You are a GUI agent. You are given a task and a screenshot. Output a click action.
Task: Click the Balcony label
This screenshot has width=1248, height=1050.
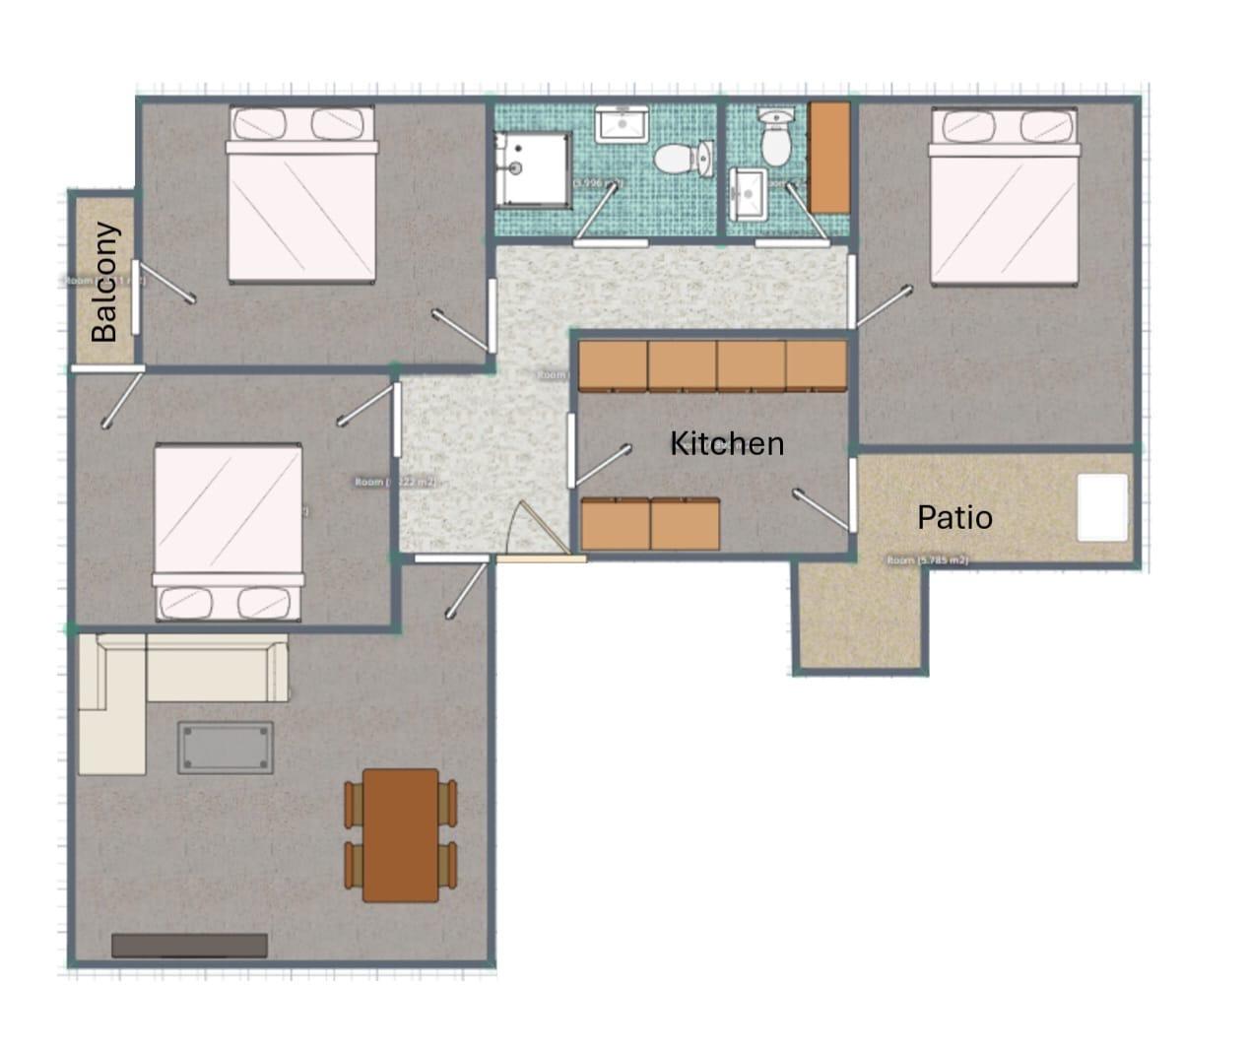(103, 283)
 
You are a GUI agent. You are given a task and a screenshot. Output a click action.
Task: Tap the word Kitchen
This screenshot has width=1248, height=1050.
(727, 444)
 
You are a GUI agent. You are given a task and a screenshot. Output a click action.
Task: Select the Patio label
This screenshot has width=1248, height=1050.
(954, 517)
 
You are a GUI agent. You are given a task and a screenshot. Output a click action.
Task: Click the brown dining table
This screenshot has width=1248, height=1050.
(400, 835)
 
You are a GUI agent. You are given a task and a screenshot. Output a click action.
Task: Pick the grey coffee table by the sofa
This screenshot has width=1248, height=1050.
(226, 748)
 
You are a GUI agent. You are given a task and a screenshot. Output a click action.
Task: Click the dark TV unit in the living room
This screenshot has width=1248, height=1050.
(189, 946)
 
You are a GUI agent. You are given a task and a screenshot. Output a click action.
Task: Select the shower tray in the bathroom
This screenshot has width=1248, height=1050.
(533, 168)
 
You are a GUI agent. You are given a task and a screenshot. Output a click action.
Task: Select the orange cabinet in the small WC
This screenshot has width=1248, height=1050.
(829, 158)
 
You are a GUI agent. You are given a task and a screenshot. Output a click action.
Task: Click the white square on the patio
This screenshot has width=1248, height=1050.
(1102, 507)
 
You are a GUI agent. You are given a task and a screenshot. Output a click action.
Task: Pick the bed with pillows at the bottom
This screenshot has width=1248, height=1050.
(228, 533)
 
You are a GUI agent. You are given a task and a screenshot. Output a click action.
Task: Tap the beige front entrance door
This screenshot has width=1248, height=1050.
(540, 558)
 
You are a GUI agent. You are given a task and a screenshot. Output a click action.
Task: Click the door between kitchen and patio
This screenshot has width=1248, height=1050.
(851, 494)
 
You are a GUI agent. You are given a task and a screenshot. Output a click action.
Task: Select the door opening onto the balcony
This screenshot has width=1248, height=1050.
(136, 296)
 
